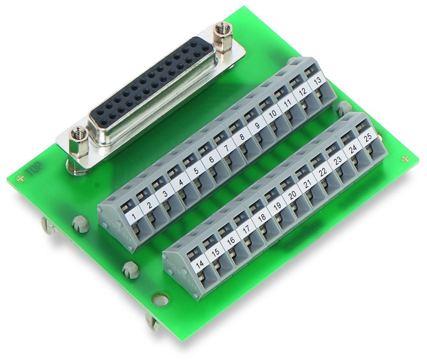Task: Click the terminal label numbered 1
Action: [x=133, y=217]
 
